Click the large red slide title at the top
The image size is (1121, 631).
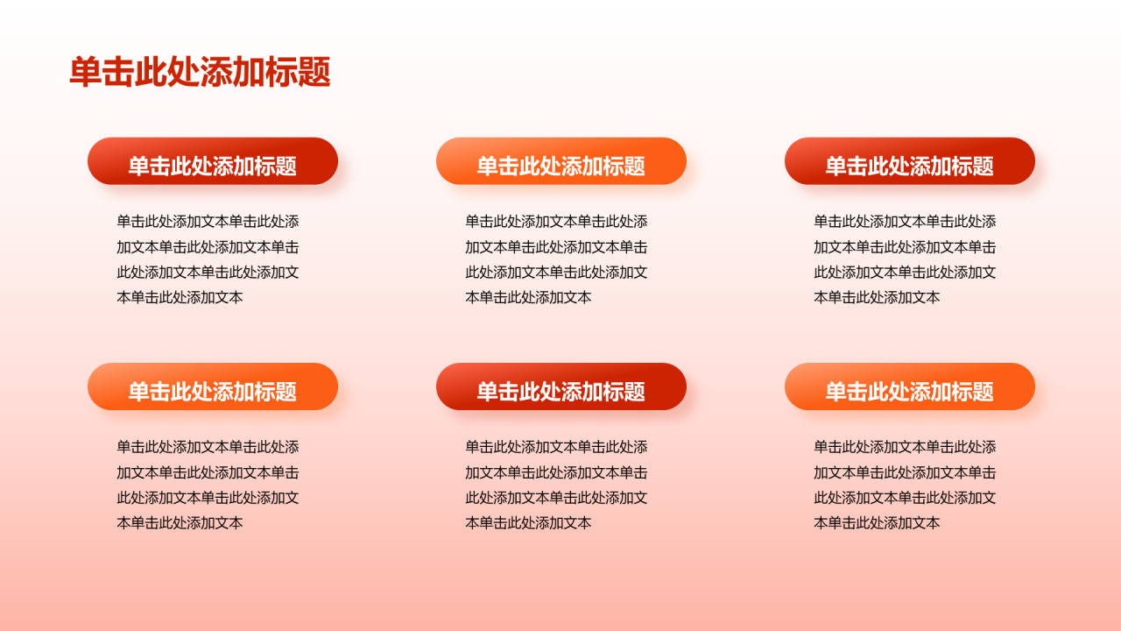[x=200, y=73]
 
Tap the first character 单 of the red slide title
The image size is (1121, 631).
[x=86, y=73]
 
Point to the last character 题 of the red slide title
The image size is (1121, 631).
[x=314, y=73]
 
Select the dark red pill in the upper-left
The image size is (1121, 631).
[x=213, y=161]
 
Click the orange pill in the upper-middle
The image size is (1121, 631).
[x=561, y=161]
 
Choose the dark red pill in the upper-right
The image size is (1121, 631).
[x=910, y=161]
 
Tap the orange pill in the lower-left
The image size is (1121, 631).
[x=213, y=386]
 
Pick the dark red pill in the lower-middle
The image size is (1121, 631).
[x=561, y=386]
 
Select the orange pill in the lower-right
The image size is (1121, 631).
[x=910, y=386]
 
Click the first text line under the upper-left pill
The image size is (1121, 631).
[x=208, y=222]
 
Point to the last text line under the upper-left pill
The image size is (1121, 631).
[x=180, y=298]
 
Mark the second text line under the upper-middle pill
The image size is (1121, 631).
[x=556, y=247]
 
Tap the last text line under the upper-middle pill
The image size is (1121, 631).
[x=529, y=298]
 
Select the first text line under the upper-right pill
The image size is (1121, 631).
[x=905, y=222]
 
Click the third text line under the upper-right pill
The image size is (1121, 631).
[x=905, y=273]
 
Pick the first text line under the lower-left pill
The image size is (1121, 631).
[x=208, y=447]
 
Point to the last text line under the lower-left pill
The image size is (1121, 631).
[x=180, y=523]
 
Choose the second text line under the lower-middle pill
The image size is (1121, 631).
[x=556, y=472]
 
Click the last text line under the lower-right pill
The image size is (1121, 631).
[x=878, y=523]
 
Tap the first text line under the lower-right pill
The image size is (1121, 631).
[x=905, y=447]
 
